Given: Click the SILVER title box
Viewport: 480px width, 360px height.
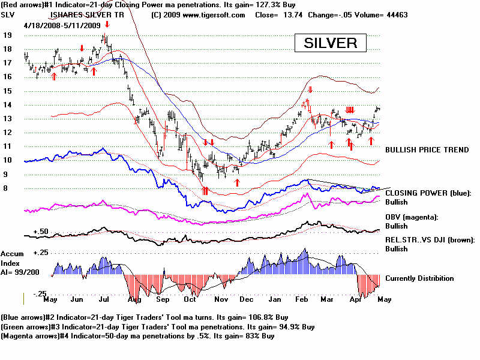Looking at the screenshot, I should [330, 43].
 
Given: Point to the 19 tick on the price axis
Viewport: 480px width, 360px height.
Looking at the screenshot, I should [8, 35].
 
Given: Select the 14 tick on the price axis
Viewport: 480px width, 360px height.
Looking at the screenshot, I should [8, 104].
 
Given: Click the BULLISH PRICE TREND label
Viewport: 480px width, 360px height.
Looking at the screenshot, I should [427, 149].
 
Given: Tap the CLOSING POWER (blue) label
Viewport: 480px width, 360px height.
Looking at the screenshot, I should [428, 193].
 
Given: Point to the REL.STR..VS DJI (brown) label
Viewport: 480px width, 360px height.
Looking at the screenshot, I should [430, 240].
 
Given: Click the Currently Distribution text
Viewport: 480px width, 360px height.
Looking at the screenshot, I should [419, 278].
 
